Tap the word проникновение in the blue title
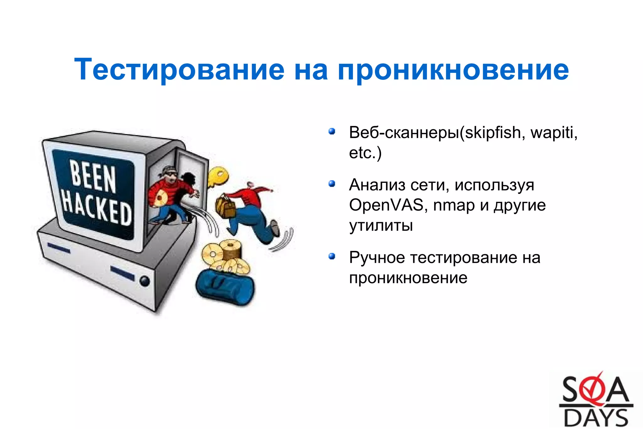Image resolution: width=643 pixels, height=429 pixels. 453,70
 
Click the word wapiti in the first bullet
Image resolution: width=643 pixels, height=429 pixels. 553,133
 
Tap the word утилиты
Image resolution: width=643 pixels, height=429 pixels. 381,226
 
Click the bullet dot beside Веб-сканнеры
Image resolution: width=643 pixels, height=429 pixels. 332,131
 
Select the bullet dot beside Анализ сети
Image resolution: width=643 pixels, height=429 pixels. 332,183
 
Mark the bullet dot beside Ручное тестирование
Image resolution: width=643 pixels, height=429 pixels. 332,256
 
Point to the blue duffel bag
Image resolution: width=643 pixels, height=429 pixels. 225,286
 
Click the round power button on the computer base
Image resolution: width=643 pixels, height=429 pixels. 144,280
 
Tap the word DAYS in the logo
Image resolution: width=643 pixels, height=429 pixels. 596,418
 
